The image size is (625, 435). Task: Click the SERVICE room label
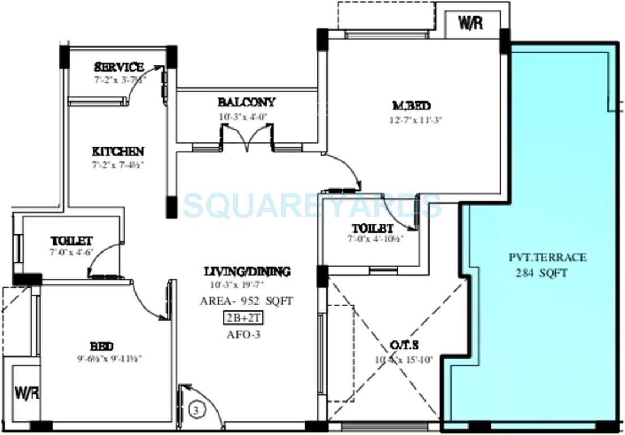tap(118, 67)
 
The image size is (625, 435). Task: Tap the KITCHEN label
tap(118, 152)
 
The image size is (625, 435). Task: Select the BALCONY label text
tap(246, 103)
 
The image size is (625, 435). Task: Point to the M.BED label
tap(411, 106)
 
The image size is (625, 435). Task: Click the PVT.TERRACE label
tap(547, 258)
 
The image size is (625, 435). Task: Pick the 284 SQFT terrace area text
tap(541, 273)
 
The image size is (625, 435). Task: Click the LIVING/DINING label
tap(247, 272)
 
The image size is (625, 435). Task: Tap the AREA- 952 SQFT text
tap(246, 301)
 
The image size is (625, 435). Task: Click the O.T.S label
tap(405, 345)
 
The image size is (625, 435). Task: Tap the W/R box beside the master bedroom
tap(471, 24)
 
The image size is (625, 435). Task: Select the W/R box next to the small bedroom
tap(26, 393)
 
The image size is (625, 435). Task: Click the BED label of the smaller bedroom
tap(101, 346)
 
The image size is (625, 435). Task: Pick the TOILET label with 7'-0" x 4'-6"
tap(71, 241)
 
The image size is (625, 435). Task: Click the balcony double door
tap(246, 139)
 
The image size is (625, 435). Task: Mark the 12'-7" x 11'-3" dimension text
tap(411, 120)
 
